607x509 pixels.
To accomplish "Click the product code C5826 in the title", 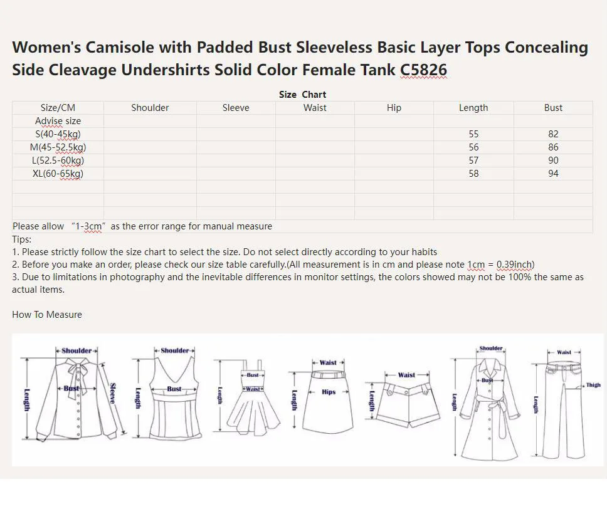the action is click(423, 70).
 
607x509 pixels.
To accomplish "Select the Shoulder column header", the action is click(150, 108).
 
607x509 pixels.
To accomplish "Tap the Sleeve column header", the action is click(236, 108).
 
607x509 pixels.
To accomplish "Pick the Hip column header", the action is click(394, 108).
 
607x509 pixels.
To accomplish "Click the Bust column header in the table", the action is click(553, 108).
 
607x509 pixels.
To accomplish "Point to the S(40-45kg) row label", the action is click(58, 134).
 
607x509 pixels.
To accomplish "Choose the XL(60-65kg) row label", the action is click(58, 174).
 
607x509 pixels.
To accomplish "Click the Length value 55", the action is click(473, 134).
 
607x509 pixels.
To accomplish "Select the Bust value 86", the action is click(553, 147).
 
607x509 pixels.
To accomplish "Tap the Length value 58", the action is click(473, 174).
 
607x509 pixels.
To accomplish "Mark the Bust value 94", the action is click(553, 174).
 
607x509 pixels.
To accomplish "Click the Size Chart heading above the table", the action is click(302, 95).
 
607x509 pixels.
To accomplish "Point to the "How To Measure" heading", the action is click(47, 315).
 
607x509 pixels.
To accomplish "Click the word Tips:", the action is click(21, 239).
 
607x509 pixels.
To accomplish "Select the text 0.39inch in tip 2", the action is click(514, 265).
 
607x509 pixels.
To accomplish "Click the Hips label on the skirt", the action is click(329, 392).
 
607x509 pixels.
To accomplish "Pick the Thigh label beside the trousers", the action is click(593, 386).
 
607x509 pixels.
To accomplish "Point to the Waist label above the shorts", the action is click(406, 375).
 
